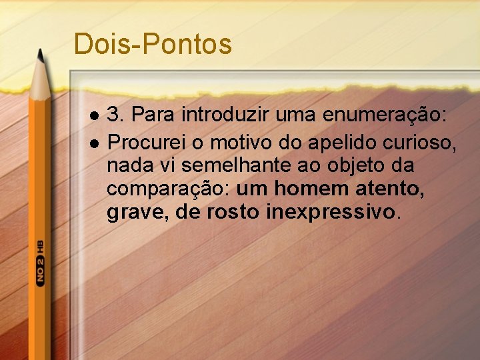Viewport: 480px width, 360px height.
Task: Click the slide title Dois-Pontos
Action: point(153,44)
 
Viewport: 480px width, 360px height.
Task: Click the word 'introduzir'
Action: point(218,115)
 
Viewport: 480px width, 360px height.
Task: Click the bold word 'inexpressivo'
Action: point(330,213)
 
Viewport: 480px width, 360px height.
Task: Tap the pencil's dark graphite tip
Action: point(41,56)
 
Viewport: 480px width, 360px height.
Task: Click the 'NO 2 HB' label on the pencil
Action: point(40,261)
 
